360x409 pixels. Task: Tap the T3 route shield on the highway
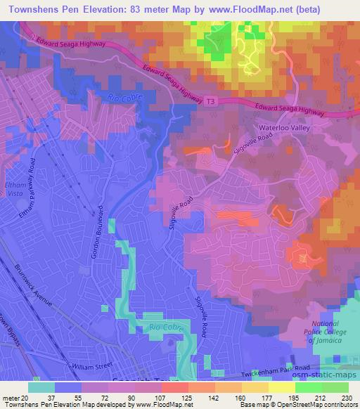[211, 103]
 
